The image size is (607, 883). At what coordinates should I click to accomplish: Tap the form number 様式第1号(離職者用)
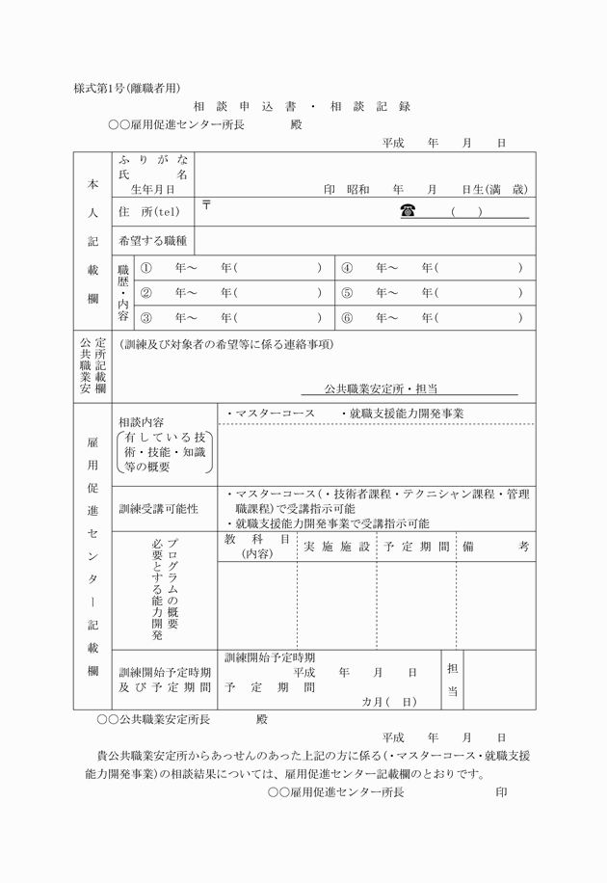tap(127, 88)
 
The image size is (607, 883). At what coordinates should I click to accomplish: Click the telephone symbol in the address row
tap(408, 210)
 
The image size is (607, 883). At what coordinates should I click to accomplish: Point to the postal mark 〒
tap(206, 205)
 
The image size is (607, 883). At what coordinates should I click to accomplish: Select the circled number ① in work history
tap(146, 267)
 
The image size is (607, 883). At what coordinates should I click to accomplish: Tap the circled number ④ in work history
tap(347, 267)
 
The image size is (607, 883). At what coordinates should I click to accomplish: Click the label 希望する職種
tap(152, 239)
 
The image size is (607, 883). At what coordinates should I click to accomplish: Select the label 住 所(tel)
tap(149, 211)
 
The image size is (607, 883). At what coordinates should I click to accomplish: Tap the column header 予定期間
tap(416, 546)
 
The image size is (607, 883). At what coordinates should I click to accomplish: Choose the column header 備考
tap(495, 546)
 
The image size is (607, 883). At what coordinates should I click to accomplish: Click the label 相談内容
tap(141, 422)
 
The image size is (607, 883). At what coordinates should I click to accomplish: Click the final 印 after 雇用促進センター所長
tap(501, 792)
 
